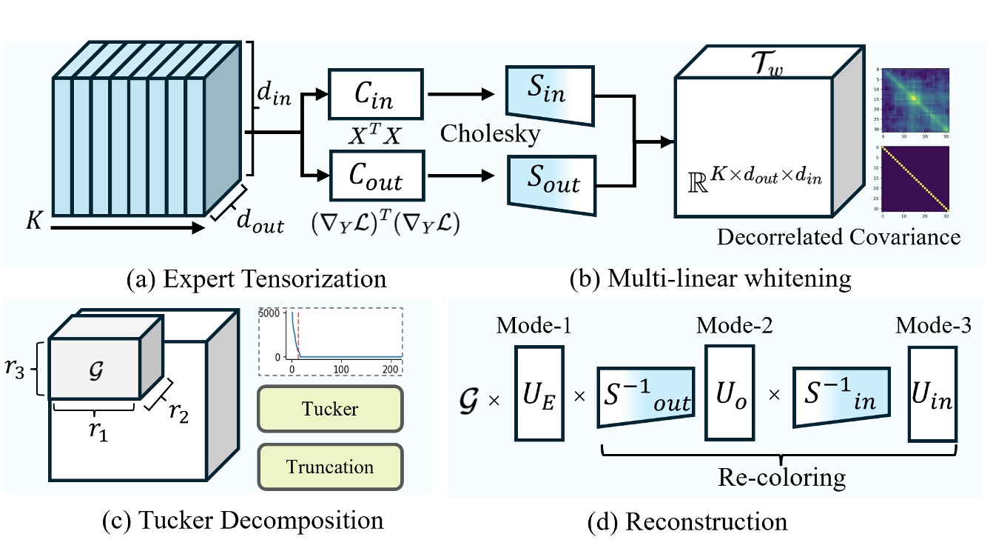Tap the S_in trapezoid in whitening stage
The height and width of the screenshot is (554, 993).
pos(548,94)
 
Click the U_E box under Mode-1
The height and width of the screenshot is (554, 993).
pos(539,401)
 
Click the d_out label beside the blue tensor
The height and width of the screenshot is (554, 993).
pos(259,221)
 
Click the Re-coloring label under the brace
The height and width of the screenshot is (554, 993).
pos(781,477)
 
